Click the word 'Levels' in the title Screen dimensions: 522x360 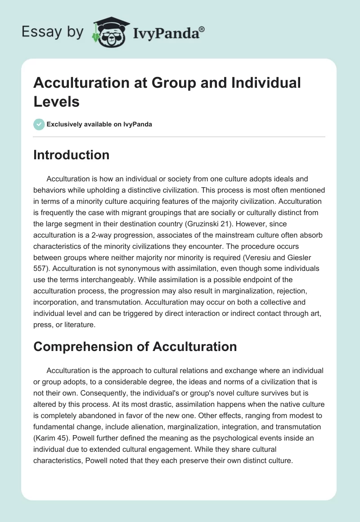[x=57, y=101]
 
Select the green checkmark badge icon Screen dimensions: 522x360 [x=39, y=124]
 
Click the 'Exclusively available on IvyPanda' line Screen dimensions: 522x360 [x=99, y=125]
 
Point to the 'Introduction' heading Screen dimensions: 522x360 [x=72, y=155]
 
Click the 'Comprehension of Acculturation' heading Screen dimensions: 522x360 [x=135, y=346]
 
